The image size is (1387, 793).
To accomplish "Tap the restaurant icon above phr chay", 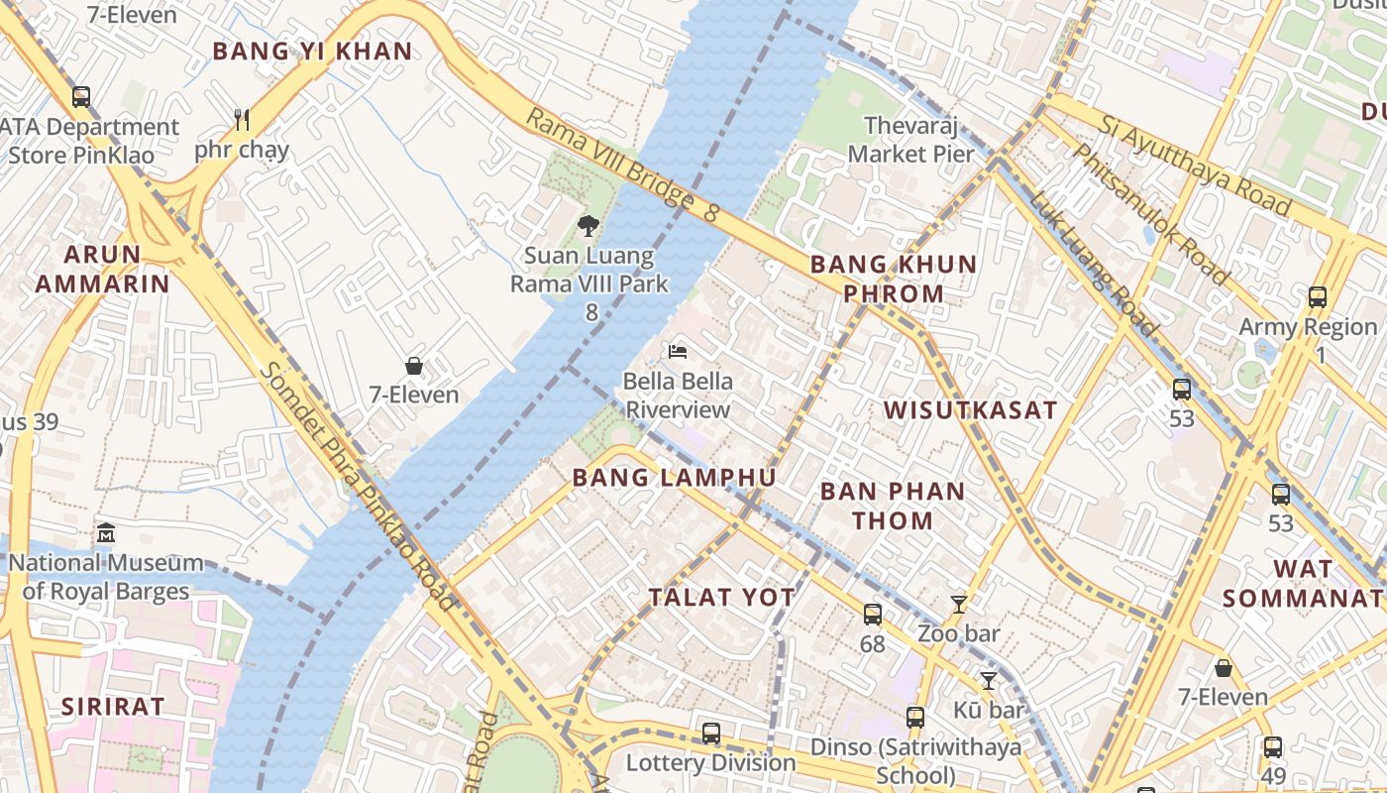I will pos(242,120).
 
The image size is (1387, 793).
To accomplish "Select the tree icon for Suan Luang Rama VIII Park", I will pos(588,226).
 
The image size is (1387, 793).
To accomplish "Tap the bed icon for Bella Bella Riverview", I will pos(678,352).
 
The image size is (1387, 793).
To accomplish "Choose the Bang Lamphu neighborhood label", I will pos(674,478).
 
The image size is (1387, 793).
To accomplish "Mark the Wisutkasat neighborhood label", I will pos(970,410).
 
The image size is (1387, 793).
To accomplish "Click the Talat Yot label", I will pos(721,597).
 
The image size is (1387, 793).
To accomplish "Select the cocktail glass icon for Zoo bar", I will pos(958,604).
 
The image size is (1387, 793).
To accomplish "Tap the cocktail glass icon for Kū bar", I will pos(988,681).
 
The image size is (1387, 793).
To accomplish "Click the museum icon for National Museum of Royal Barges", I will pos(106,534).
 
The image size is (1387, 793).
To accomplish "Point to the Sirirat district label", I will pos(112,707).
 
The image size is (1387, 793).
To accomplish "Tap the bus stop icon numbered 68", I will pos(873,615).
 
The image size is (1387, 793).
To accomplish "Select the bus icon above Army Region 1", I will pos(1318,296).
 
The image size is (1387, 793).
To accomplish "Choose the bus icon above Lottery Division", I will pos(711,734).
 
